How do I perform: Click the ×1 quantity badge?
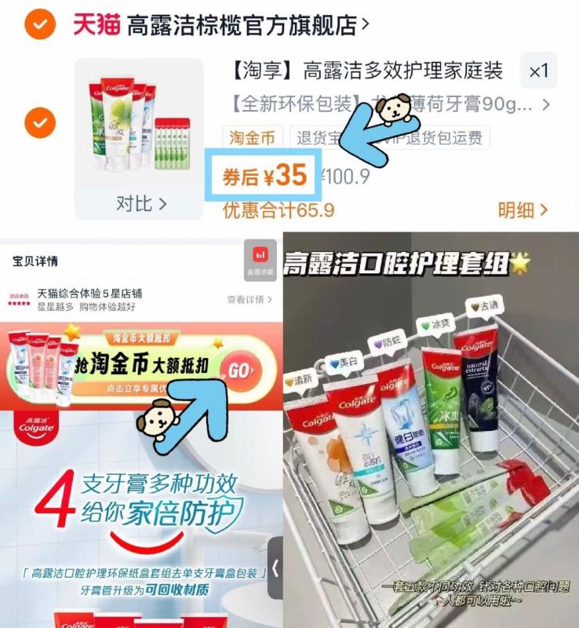click(x=538, y=71)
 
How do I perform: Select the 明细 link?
click(x=523, y=210)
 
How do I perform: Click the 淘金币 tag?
click(x=253, y=138)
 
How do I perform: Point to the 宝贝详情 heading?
click(x=35, y=260)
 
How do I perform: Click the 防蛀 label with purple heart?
click(x=388, y=342)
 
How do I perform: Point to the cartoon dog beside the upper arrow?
click(x=390, y=108)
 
